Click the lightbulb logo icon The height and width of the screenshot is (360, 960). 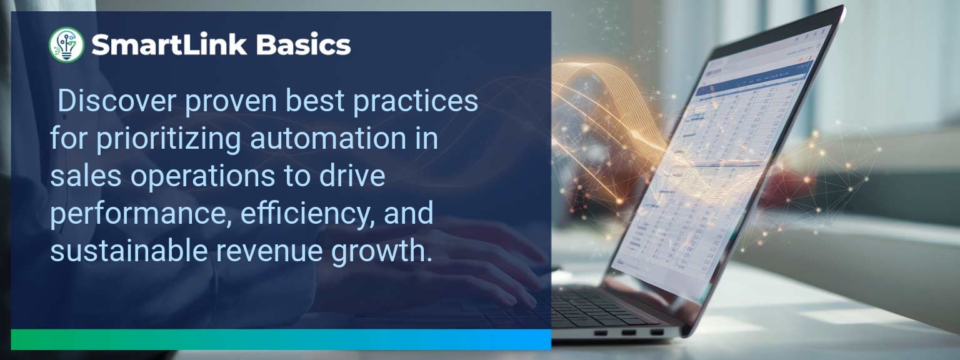point(66,45)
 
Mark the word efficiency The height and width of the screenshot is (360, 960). point(301,214)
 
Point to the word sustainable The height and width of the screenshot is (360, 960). point(129,251)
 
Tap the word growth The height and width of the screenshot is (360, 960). point(384,252)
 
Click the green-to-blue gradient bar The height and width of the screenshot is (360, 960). point(281,339)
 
